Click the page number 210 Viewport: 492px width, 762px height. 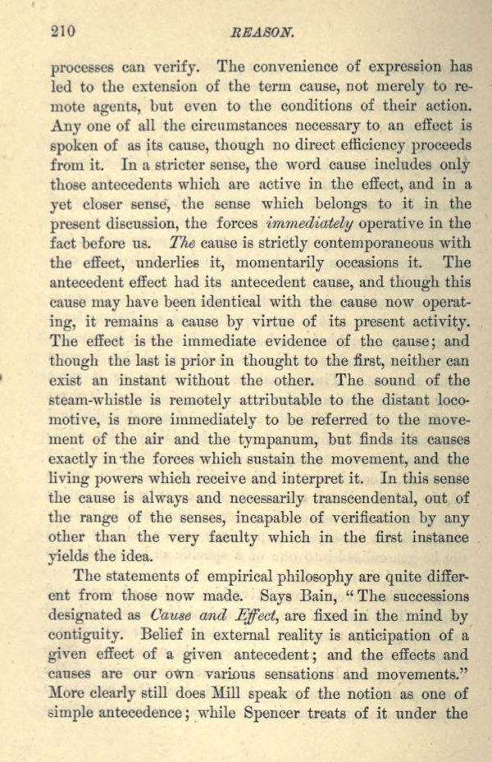click(x=62, y=32)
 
